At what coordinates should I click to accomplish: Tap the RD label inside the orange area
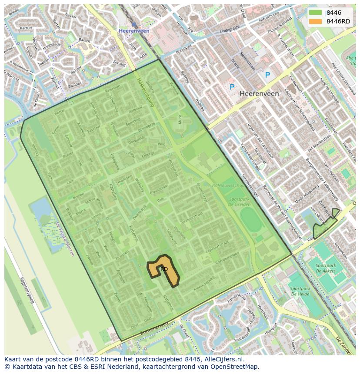pos(164,269)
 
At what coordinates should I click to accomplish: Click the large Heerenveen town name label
pos(259,93)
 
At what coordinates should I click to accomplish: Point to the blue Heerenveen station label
pos(134,31)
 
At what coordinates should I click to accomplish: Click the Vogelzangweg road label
pos(27,290)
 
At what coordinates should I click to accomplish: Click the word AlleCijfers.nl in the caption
pos(223,359)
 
